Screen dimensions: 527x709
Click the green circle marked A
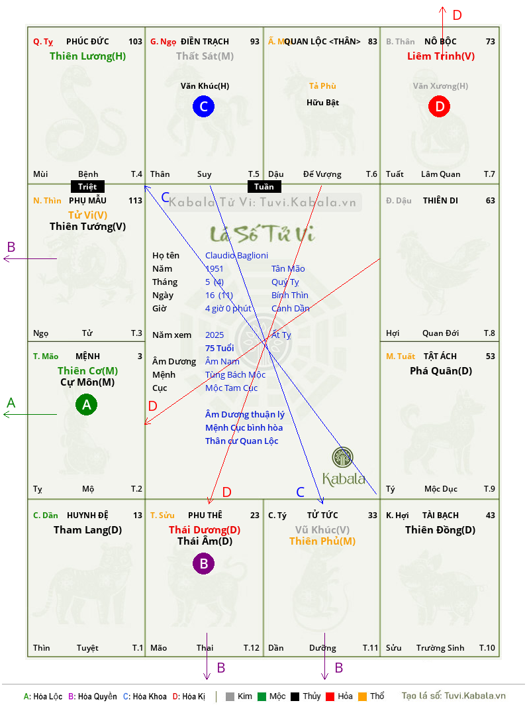tap(86, 404)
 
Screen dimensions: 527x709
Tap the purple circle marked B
tap(203, 563)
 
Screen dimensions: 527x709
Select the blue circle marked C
tap(203, 106)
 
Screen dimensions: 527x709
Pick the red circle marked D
tap(440, 106)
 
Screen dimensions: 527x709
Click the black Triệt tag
tap(87, 187)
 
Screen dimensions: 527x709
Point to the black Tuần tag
tap(264, 187)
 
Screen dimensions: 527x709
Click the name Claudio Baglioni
tap(236, 256)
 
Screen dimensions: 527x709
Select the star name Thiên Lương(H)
tap(87, 56)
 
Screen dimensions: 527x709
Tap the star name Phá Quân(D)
tap(441, 371)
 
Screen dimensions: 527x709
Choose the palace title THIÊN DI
tap(440, 200)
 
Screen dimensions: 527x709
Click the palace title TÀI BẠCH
tap(440, 515)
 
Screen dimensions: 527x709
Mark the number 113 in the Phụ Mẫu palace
tap(135, 200)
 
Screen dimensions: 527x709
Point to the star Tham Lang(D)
tap(87, 530)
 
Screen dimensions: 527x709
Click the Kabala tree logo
tap(343, 457)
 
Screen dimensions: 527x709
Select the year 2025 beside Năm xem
tap(215, 335)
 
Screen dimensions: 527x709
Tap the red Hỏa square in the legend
tap(330, 696)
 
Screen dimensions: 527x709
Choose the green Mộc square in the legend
tap(262, 696)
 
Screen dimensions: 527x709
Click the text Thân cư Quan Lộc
tap(242, 441)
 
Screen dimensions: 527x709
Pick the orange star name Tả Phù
tap(322, 86)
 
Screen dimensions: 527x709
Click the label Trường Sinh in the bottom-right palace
tap(440, 648)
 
